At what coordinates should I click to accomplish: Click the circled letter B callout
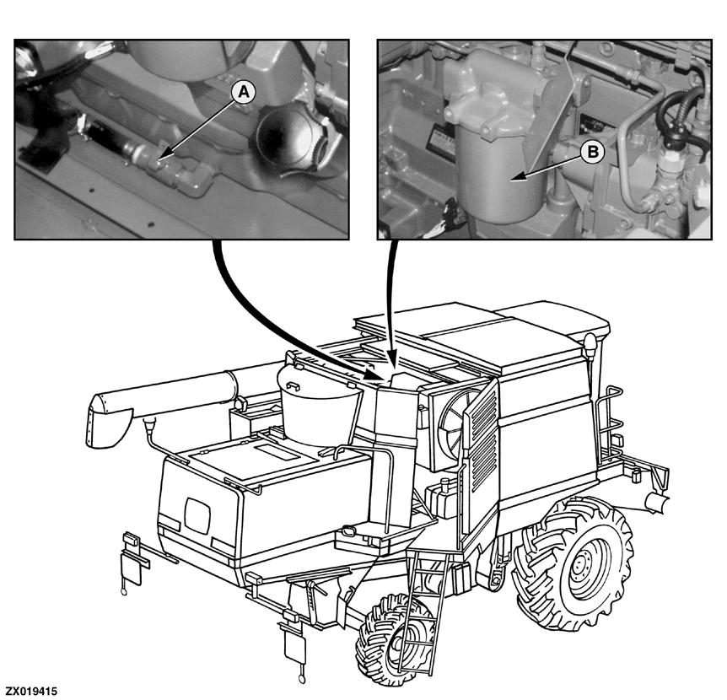point(593,151)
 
